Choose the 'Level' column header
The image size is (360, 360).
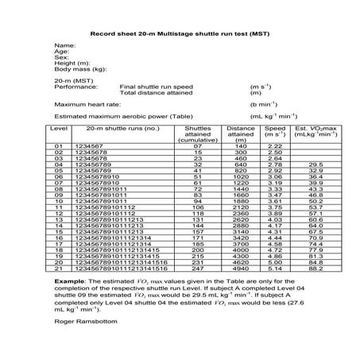[59, 127]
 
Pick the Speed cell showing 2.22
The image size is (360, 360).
[275, 146]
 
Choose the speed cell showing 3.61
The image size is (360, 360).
[275, 201]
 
